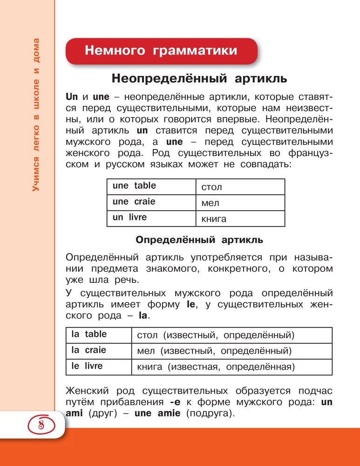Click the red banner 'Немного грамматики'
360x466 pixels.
[161, 51]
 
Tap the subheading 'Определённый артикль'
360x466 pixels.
[199, 240]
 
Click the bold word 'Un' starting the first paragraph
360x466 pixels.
[72, 98]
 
